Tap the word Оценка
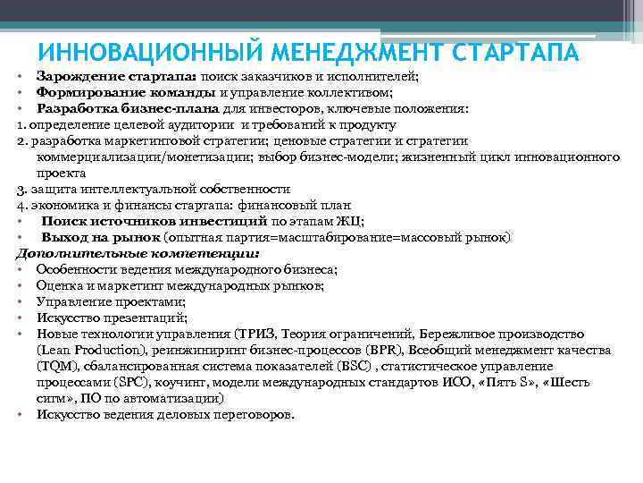coord(58,285)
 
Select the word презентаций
coord(142,318)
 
